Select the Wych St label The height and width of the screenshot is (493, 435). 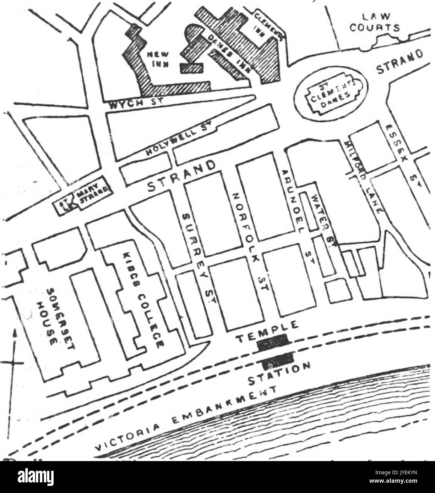click(x=136, y=103)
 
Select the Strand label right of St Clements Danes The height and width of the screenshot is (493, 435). click(x=400, y=63)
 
